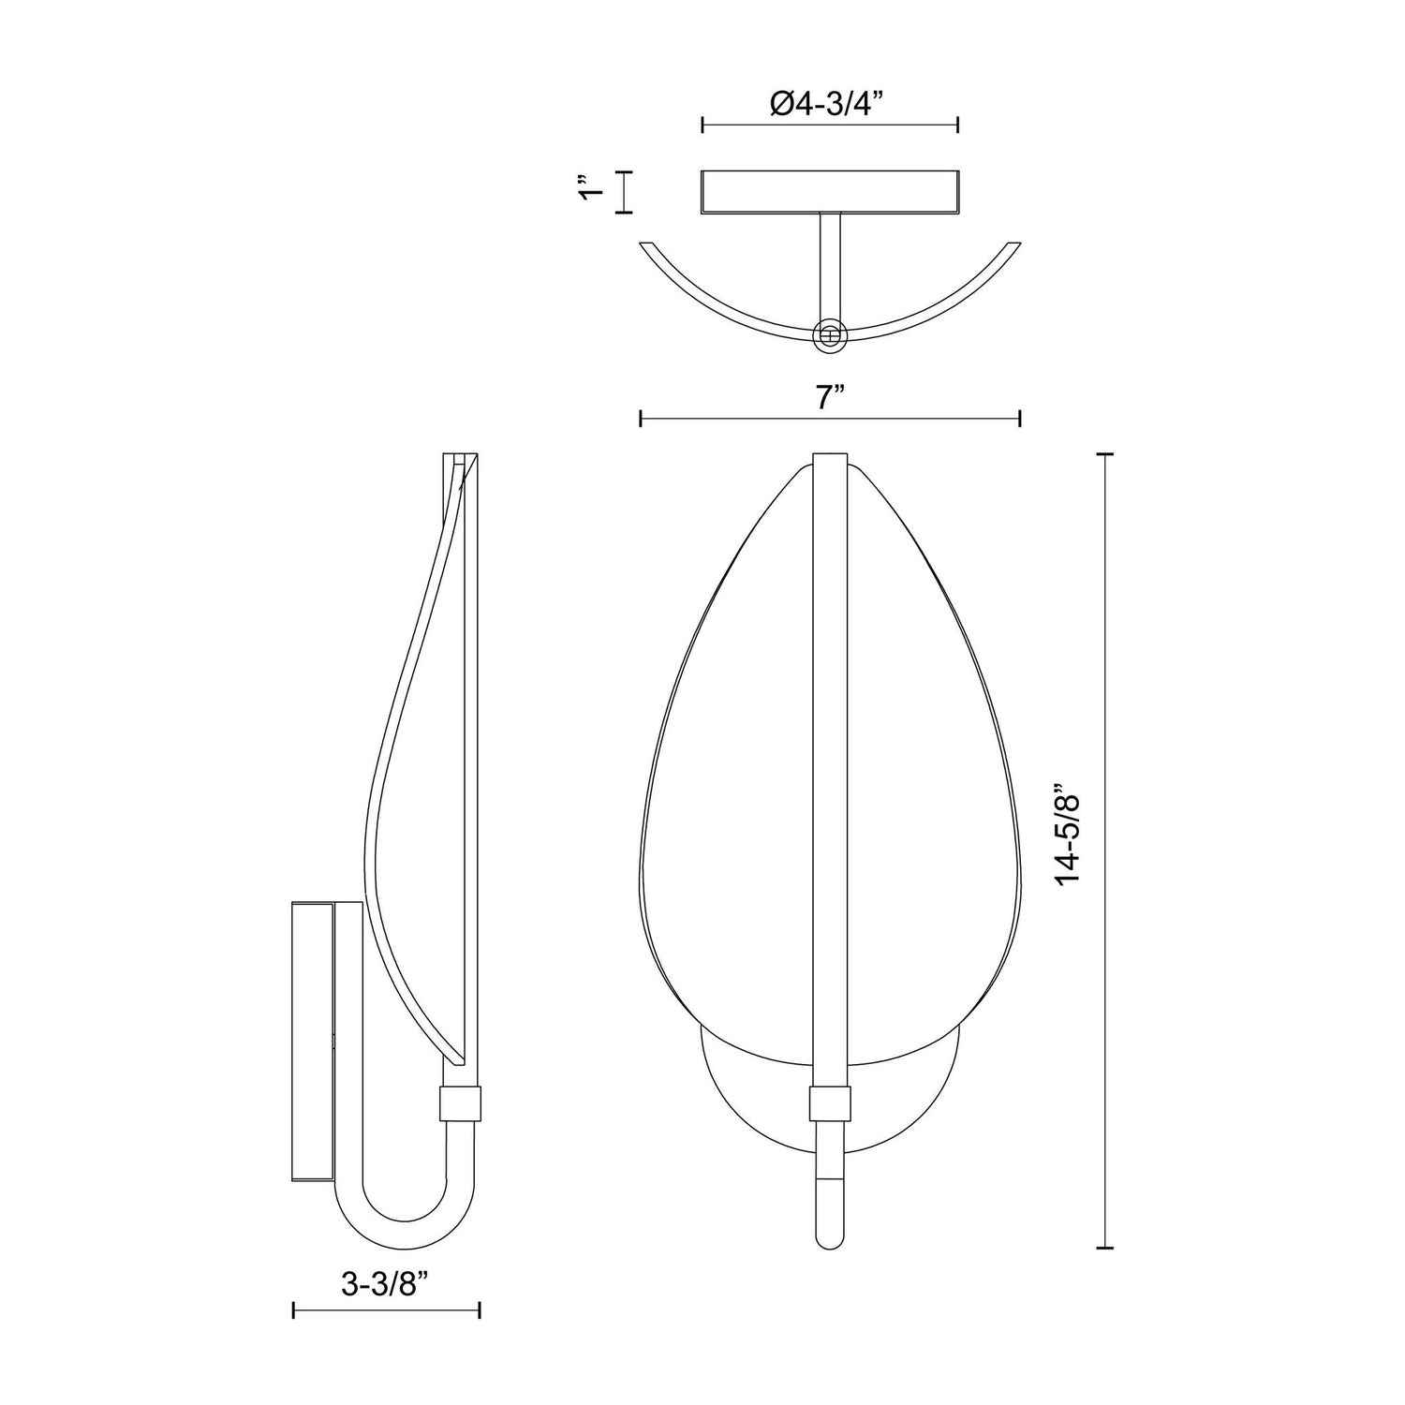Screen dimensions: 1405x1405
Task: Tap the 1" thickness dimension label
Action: (x=588, y=192)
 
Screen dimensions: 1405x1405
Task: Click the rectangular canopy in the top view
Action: (x=829, y=191)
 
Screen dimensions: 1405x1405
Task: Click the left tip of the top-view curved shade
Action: (x=644, y=246)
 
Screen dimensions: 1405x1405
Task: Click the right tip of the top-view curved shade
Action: (x=1013, y=246)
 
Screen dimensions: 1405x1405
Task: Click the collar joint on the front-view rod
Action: (x=829, y=1104)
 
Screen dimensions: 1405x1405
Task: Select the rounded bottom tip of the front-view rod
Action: (x=829, y=1242)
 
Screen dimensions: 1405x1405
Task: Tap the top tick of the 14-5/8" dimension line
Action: (x=1105, y=454)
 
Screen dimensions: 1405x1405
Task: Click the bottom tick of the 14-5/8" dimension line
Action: (x=1105, y=1248)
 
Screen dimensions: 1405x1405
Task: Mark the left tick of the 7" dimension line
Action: (x=640, y=419)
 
